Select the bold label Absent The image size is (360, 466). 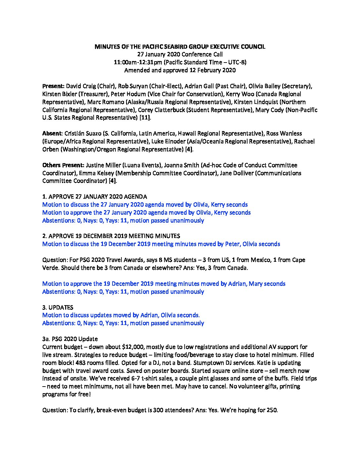tap(52, 134)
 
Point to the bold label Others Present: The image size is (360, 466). tap(63, 165)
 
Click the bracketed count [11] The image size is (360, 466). tap(144, 118)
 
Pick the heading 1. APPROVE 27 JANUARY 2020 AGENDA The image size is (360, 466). tap(95, 197)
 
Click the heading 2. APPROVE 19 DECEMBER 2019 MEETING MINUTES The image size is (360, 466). tap(111, 236)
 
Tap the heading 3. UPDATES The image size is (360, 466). tap(58, 307)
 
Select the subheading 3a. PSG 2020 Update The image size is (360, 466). tap(70, 339)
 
